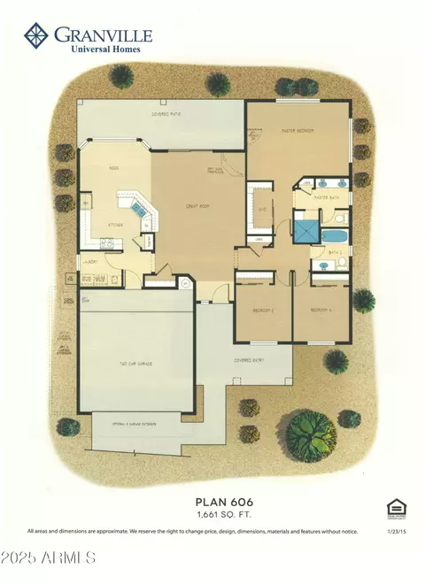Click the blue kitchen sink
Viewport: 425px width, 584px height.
click(139, 209)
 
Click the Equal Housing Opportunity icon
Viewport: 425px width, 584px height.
click(395, 507)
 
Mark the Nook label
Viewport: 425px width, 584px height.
click(114, 167)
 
